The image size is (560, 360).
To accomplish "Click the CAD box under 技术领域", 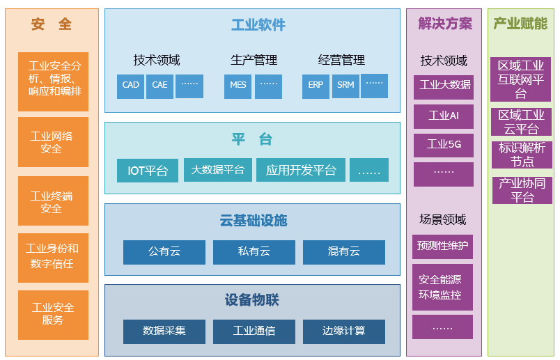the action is [x=130, y=86].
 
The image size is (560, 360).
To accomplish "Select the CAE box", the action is [x=160, y=86].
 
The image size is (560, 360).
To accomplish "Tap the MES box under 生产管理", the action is [x=238, y=86].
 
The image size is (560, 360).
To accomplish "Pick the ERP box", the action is [x=316, y=86].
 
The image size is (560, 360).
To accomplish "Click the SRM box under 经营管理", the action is [x=345, y=86].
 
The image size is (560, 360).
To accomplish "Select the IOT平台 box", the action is [x=148, y=171].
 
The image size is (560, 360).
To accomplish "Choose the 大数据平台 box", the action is [x=218, y=170].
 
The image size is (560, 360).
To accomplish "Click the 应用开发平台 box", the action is [x=301, y=170].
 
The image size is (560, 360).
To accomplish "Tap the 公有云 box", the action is [x=164, y=252].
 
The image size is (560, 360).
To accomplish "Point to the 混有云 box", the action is [x=344, y=252].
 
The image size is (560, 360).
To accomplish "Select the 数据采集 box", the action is [x=164, y=331].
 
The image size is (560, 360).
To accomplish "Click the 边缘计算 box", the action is [x=344, y=331].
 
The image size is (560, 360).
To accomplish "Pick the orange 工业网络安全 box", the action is [x=53, y=142].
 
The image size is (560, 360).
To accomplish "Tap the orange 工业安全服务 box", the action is [x=53, y=315].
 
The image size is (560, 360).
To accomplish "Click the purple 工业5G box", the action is [x=444, y=146].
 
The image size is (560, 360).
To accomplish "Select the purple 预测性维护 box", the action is [x=442, y=246].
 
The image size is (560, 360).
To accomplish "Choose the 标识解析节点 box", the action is [x=522, y=155].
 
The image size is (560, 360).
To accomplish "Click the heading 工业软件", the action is [x=258, y=25].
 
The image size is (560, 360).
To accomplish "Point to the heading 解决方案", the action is [x=445, y=24].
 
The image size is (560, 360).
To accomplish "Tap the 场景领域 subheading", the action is [x=443, y=219].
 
